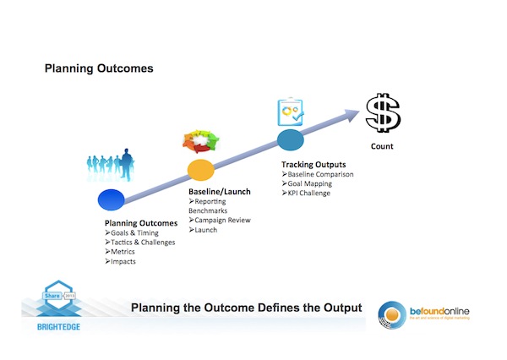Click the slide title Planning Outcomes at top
[x=99, y=68]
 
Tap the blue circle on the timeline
[x=111, y=199]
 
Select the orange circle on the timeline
[x=200, y=169]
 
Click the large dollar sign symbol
[x=383, y=114]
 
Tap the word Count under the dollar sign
[x=382, y=146]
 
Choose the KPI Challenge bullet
[x=308, y=194]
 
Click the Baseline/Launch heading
[x=220, y=193]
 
